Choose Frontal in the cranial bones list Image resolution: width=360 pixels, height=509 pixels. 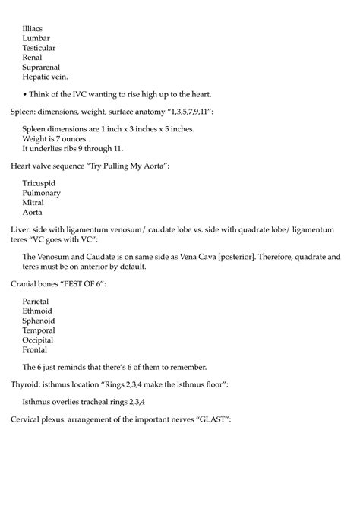pos(36,350)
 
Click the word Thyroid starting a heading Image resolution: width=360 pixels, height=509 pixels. pos(26,385)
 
